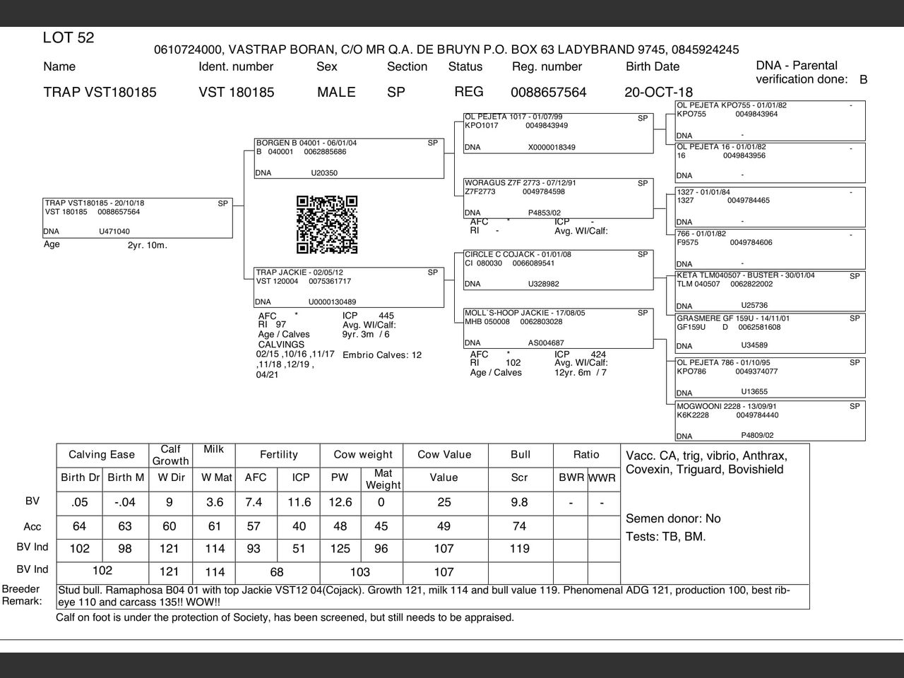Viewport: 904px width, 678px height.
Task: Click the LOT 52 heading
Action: point(69,38)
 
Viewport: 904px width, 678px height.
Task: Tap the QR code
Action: point(327,225)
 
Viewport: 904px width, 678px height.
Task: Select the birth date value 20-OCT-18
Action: point(658,93)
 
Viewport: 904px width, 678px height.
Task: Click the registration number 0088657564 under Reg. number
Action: point(548,93)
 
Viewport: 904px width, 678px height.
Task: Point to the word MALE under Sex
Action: point(336,93)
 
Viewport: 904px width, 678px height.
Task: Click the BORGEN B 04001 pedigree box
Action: point(349,158)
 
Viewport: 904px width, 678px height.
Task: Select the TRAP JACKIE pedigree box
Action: point(349,287)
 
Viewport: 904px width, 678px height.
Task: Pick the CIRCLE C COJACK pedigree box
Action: point(558,270)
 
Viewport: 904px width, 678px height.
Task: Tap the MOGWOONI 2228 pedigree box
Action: point(770,421)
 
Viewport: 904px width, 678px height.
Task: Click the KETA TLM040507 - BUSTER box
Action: point(770,291)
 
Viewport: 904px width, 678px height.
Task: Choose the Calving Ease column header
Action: point(102,455)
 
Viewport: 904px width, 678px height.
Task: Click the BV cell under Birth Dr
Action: point(80,502)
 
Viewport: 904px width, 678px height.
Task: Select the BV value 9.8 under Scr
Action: point(519,502)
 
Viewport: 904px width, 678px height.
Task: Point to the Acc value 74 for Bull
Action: point(519,526)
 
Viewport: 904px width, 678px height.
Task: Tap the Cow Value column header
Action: point(444,455)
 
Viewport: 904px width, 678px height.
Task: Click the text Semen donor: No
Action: point(673,518)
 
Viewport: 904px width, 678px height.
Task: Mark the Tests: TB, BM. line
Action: point(665,537)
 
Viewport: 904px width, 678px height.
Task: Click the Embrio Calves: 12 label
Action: point(381,355)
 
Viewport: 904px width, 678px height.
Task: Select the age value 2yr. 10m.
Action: point(147,246)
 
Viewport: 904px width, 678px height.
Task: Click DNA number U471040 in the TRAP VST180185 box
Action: point(114,232)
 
